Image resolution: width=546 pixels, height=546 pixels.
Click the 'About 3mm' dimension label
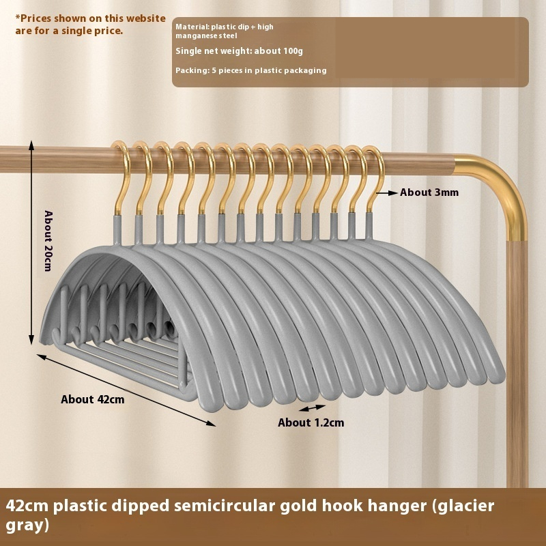click(x=429, y=192)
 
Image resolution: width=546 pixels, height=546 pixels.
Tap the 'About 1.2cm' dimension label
click(x=311, y=422)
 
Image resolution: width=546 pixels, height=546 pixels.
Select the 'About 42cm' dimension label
click(x=93, y=399)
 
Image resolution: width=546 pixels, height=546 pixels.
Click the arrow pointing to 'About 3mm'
click(x=387, y=193)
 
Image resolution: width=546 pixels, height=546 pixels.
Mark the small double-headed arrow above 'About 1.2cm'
click(x=312, y=407)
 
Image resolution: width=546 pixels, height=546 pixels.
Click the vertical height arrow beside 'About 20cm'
click(x=31, y=243)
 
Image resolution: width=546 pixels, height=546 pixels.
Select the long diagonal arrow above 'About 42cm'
click(x=126, y=390)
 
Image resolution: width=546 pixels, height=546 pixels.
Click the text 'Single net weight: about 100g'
click(x=239, y=51)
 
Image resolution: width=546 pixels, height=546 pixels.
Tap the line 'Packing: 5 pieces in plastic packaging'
click(x=251, y=70)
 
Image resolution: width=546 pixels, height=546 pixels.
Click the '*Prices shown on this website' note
click(x=90, y=18)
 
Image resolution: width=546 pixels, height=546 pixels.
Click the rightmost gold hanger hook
click(x=373, y=174)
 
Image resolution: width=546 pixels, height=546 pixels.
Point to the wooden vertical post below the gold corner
click(x=517, y=355)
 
